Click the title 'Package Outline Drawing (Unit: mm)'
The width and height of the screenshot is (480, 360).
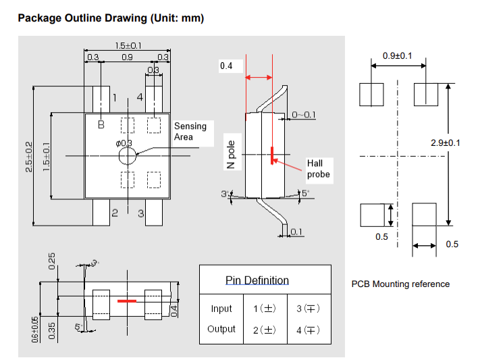pyautogui.click(x=111, y=18)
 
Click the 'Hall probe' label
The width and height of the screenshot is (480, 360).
pyautogui.click(x=319, y=169)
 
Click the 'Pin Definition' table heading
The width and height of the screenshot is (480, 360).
pyautogui.click(x=257, y=280)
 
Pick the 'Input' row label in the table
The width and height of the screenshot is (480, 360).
pyautogui.click(x=221, y=309)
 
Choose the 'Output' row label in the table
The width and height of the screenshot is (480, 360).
pyautogui.click(x=221, y=329)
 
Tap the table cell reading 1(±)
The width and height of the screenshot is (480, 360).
pyautogui.click(x=265, y=309)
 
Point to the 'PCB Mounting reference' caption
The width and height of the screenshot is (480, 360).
pyautogui.click(x=400, y=284)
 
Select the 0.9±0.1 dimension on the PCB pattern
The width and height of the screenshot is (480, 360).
pyautogui.click(x=398, y=55)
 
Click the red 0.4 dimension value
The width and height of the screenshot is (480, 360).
pyautogui.click(x=225, y=66)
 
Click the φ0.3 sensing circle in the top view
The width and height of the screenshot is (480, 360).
pyautogui.click(x=126, y=156)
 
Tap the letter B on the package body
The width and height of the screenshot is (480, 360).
pyautogui.click(x=101, y=124)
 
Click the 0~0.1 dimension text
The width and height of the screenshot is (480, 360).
pyautogui.click(x=303, y=115)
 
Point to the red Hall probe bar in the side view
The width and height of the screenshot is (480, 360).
pyautogui.click(x=272, y=155)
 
